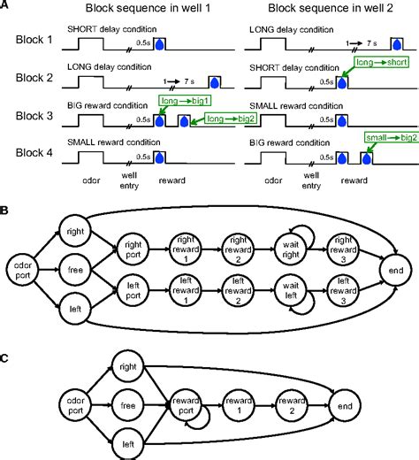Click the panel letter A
tap(6, 6)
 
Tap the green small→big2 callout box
tap(388, 138)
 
